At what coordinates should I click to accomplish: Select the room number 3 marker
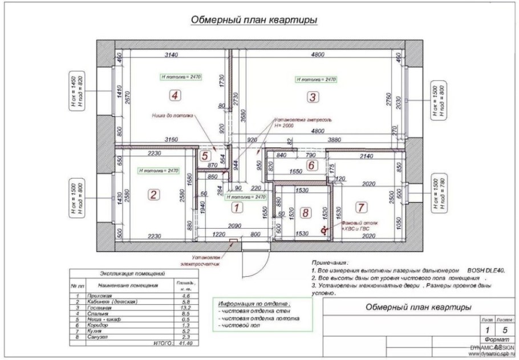tap(312, 96)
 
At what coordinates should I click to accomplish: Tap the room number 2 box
tap(153, 195)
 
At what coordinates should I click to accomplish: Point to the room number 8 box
tap(306, 213)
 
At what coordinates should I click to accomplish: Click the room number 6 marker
tap(311, 165)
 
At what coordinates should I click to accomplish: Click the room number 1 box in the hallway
tap(238, 208)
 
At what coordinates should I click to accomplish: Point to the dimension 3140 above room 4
tap(172, 55)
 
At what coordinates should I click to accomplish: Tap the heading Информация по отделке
tap(254, 304)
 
